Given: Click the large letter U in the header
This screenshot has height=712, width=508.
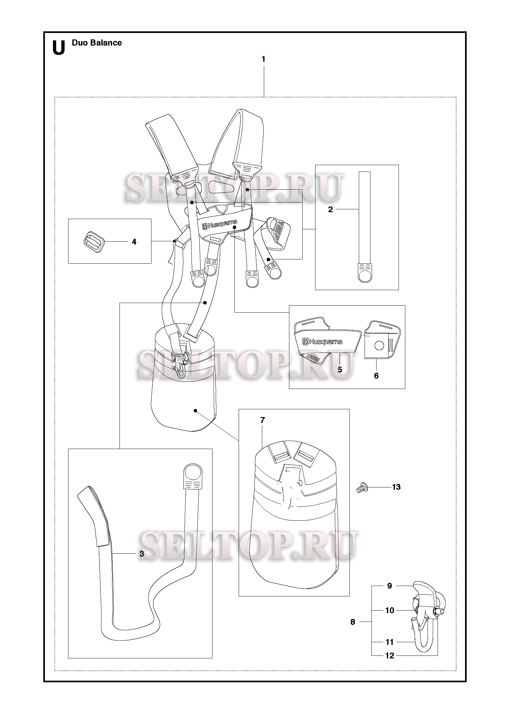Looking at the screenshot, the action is [58, 48].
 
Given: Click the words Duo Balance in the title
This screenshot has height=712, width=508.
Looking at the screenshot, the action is [97, 43].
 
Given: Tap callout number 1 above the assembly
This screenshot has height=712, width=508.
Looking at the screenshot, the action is [264, 59].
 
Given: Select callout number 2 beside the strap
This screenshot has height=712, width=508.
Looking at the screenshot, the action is [330, 209].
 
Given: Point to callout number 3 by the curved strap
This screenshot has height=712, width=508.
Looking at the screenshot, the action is [142, 553].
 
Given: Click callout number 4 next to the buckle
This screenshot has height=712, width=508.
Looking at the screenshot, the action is [134, 242].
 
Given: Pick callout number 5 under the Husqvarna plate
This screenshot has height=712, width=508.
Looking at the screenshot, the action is [340, 370].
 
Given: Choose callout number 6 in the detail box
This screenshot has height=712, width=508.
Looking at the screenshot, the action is [376, 376].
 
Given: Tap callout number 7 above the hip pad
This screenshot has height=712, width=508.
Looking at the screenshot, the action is [263, 420].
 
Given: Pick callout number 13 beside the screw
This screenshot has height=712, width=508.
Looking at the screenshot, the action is [396, 496].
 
